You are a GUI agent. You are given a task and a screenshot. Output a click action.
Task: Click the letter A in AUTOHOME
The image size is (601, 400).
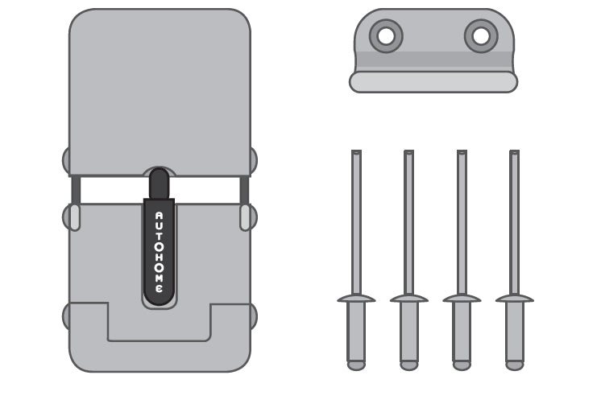click(159, 216)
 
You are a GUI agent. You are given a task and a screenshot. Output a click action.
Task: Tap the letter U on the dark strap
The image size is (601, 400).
click(159, 226)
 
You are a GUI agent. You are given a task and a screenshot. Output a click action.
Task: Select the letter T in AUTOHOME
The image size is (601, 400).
click(159, 237)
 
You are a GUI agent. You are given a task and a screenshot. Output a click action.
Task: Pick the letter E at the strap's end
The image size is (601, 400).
click(159, 288)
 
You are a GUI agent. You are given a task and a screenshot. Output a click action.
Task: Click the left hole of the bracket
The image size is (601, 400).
click(386, 36)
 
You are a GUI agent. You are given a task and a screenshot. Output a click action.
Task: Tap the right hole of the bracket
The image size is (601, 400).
click(481, 36)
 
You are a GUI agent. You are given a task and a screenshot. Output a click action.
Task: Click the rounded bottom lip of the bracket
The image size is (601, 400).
click(433, 82)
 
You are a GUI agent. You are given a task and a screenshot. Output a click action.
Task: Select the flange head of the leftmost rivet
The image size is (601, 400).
click(356, 298)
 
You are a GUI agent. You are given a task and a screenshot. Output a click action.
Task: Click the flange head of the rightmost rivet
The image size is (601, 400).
click(514, 298)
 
